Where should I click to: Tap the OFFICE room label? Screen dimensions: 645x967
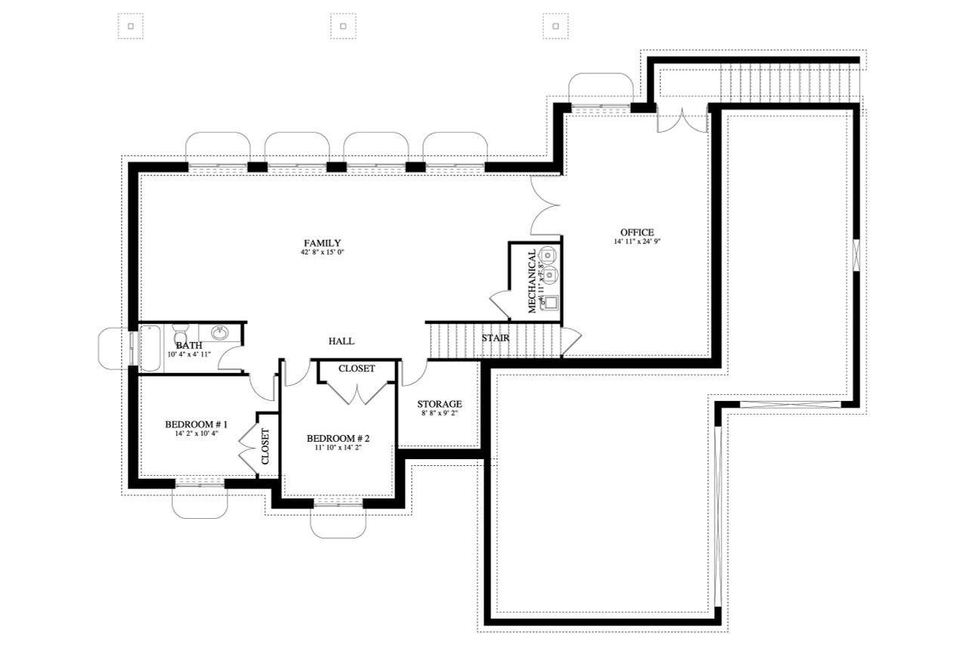(636, 232)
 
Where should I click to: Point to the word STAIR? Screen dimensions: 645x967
(495, 338)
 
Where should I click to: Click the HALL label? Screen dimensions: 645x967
(341, 341)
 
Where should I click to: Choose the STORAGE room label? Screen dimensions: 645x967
(439, 404)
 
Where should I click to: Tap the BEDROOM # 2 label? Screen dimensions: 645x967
(338, 438)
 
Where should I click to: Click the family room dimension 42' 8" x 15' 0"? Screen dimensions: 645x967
(323, 252)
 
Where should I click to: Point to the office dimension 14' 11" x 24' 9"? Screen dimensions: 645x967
(636, 242)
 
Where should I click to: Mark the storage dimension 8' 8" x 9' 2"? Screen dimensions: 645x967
(439, 414)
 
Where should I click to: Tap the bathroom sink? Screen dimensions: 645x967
(221, 333)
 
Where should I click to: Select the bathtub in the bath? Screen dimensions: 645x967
(150, 348)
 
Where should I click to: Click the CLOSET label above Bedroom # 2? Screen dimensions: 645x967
(357, 369)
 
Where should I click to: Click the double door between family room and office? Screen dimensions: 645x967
(545, 205)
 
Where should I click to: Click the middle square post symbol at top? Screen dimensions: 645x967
(343, 26)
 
